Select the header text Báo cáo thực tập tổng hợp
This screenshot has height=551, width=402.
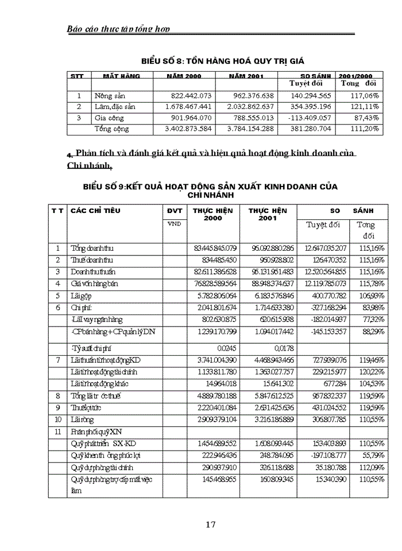pos(118,28)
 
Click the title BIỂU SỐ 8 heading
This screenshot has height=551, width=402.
pos(222,60)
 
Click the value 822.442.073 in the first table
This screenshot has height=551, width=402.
pos(187,96)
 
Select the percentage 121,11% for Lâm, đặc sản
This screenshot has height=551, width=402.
pos(365,107)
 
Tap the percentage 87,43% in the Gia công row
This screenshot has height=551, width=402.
pos(366,118)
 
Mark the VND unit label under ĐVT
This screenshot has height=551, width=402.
pos(173,224)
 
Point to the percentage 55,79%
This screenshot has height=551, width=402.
pos(370,454)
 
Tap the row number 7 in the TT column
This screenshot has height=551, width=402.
pos(57,360)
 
